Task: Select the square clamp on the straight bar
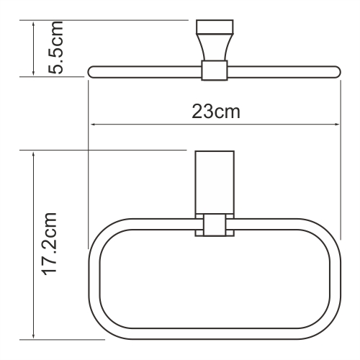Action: tap(214, 71)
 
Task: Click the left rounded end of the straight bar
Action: tap(93, 71)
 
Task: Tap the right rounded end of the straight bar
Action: tap(335, 71)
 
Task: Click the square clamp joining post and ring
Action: tap(214, 225)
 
